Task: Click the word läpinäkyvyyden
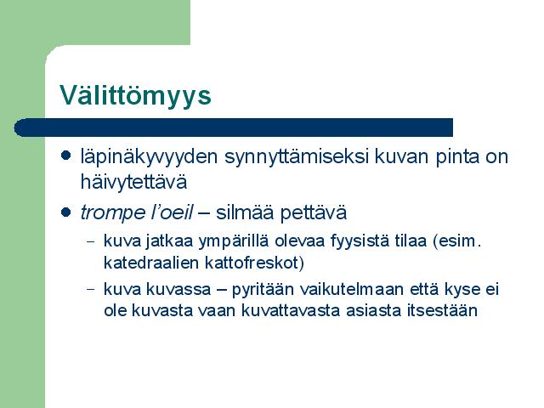(149, 157)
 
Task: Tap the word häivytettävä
(133, 181)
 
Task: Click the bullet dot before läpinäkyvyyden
(65, 155)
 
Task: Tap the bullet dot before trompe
(65, 212)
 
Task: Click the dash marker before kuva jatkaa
(91, 241)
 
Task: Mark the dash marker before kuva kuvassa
(91, 289)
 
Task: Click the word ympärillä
(234, 241)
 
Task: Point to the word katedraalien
(151, 263)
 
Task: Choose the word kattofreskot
(252, 263)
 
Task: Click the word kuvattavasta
(291, 310)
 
